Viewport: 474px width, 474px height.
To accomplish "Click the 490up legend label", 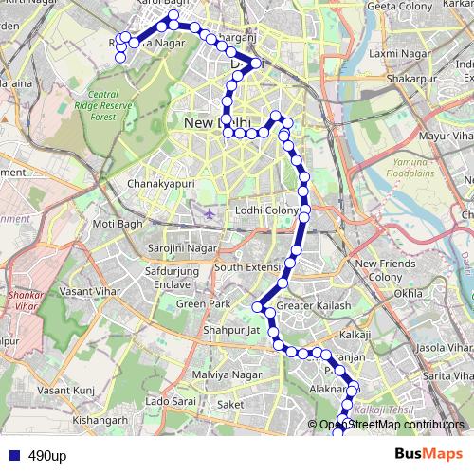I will point(47,456).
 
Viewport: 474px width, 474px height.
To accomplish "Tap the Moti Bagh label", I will point(118,224).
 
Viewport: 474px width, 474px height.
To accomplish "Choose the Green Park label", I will point(199,304).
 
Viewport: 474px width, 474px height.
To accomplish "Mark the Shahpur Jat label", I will point(226,330).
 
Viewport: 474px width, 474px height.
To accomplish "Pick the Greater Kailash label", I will point(306,305).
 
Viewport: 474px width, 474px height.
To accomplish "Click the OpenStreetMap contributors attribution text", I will point(392,425).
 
